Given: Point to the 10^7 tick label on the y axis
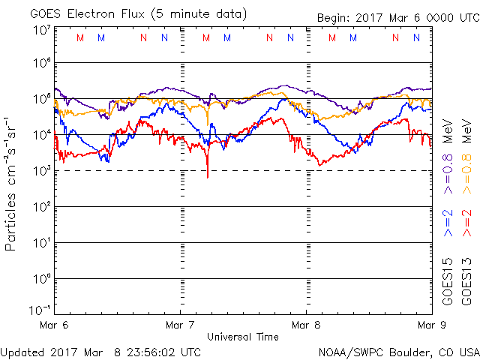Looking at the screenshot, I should [41, 30].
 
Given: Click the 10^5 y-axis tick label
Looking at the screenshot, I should [41, 99].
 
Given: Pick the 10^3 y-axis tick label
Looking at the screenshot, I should [41, 171].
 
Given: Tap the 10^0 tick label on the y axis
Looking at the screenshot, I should [41, 279].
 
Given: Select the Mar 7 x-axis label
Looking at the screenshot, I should [180, 325].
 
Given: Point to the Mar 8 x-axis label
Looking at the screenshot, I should [306, 325].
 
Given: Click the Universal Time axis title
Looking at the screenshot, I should [243, 337].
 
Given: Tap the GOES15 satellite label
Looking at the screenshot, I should [448, 283].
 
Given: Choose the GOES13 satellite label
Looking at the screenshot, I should [466, 283].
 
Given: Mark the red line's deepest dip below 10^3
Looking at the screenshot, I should [208, 176].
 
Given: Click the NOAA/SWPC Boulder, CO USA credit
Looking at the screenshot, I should [398, 352].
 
